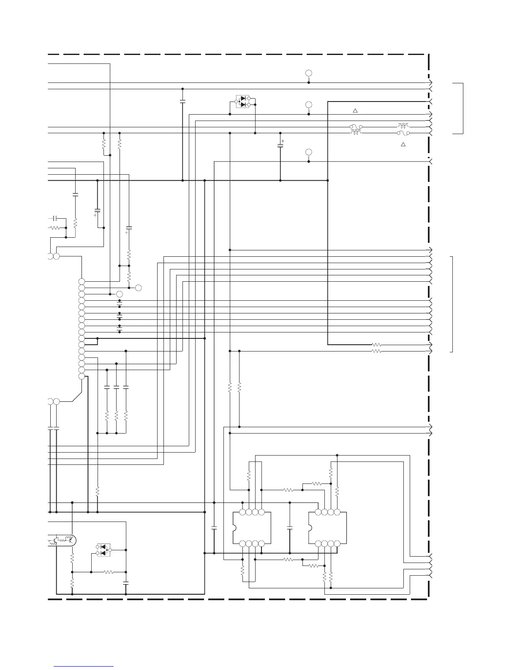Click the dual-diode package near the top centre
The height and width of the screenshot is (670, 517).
coord(242,102)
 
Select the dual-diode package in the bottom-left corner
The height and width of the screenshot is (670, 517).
coord(103,550)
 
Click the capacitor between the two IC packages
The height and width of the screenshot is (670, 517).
coord(290,528)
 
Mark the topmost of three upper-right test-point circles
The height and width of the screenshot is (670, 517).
coord(309,73)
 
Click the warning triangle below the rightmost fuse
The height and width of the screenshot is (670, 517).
coord(403,145)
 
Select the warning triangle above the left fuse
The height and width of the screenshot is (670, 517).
coord(355,111)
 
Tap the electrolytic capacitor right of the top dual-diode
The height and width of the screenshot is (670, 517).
coord(280,146)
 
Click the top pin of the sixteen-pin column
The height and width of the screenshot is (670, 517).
coord(82,282)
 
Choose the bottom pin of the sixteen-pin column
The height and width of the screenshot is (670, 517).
coord(82,376)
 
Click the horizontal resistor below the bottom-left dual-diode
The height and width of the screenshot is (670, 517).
coord(109,572)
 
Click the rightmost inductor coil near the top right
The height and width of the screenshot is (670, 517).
coord(403,126)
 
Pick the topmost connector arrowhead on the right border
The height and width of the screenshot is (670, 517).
coord(430,82)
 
